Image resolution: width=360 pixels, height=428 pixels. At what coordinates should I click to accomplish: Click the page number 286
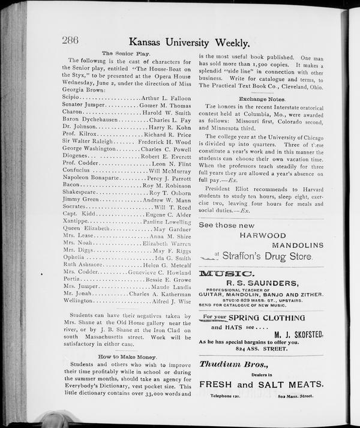[71, 41]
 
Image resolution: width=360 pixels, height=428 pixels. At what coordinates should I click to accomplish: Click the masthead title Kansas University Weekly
[189, 43]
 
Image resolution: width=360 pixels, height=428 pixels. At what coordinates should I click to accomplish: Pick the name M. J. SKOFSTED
[299, 334]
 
